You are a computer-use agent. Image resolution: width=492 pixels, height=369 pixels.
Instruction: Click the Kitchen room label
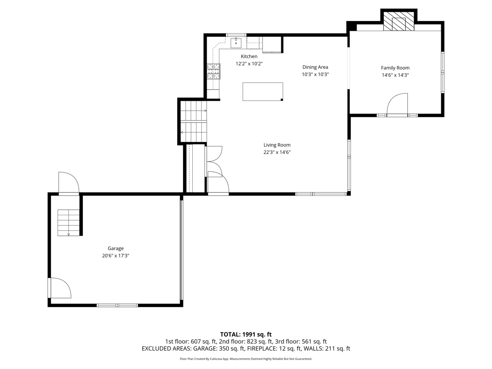pos(249,56)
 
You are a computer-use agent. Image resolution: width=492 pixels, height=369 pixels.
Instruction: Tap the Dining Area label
pos(315,67)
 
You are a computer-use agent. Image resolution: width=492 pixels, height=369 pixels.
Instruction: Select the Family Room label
pos(395,68)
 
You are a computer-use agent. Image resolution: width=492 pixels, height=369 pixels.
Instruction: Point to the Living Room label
pos(277,145)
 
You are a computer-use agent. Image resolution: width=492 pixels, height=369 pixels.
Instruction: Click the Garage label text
pos(116,248)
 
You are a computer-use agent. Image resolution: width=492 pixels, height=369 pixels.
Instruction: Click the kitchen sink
pos(236,43)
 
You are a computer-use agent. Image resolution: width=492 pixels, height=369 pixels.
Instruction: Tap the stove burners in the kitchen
pos(214,71)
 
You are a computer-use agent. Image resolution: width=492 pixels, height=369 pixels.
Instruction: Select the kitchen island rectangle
pos(263,91)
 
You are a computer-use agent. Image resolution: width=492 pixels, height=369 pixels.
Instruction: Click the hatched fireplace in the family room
pos(399,21)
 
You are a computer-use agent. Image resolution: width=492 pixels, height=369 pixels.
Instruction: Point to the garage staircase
pos(68,223)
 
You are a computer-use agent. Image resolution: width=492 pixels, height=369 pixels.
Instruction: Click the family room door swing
pos(397,104)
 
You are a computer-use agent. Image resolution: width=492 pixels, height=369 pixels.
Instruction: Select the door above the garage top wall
pos(68,182)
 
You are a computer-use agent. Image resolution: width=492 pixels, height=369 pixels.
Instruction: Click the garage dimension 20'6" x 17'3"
pos(116,255)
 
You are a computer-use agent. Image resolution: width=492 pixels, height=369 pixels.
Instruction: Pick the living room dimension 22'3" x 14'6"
pos(277,152)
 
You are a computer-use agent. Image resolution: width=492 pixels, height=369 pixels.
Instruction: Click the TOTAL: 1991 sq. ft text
pos(246,335)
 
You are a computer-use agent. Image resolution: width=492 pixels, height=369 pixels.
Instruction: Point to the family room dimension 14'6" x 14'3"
pos(395,75)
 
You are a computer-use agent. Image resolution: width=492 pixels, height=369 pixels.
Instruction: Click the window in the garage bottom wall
pos(117,305)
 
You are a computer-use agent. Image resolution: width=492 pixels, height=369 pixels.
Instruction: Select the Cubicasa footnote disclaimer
pos(246,359)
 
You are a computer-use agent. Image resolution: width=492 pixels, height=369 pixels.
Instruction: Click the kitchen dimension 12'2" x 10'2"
pos(249,64)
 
